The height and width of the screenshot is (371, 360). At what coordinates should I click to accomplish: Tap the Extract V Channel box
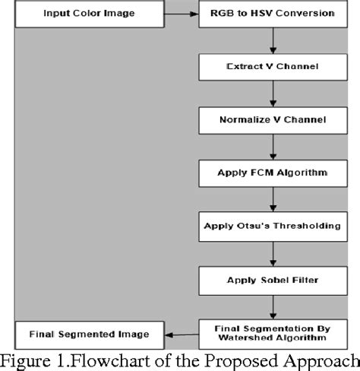click(x=273, y=67)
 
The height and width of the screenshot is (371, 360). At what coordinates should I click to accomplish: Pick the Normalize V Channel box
click(x=273, y=119)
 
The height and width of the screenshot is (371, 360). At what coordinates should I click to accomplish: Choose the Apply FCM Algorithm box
click(x=273, y=173)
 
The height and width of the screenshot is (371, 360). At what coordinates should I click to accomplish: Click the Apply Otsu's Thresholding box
click(x=273, y=226)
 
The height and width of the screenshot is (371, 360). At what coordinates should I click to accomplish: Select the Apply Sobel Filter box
click(x=273, y=279)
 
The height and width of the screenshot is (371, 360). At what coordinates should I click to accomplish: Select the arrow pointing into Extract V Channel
click(x=273, y=41)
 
